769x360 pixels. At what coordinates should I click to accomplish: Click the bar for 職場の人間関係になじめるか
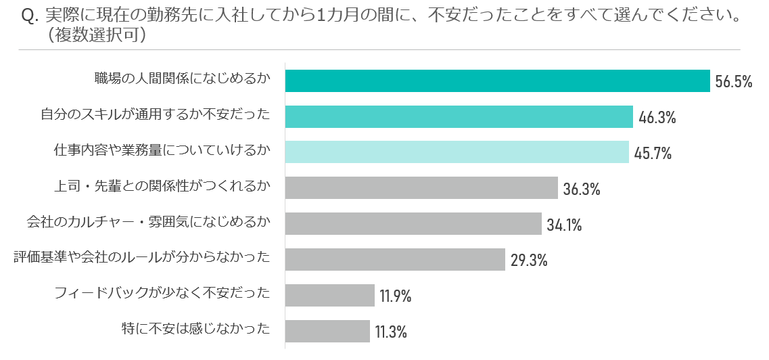[x=497, y=81]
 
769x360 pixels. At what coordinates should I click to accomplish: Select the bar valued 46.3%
[x=459, y=116]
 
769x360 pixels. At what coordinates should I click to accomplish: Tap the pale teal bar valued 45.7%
[x=457, y=152]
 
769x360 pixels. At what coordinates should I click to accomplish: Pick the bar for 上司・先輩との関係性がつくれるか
[x=421, y=188]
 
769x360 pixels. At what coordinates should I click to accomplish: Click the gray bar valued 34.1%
[x=413, y=224]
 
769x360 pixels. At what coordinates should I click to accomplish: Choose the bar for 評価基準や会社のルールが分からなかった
[x=395, y=260]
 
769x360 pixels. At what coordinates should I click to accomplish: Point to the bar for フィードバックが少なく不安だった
[x=330, y=296]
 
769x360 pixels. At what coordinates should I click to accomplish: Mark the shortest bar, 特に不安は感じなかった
[x=328, y=332]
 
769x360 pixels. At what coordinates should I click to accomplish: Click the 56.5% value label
[x=734, y=82]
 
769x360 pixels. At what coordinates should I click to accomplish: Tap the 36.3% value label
[x=582, y=189]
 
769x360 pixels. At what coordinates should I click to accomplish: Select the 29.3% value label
[x=529, y=261]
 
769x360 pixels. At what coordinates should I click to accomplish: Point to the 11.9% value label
[x=396, y=296]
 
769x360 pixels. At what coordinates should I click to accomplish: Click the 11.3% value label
[x=391, y=332]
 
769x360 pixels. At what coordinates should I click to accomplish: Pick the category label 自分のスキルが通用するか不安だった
[x=155, y=115]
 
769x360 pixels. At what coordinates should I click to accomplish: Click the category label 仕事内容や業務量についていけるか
[x=162, y=151]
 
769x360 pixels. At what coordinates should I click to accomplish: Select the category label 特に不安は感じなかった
[x=195, y=330]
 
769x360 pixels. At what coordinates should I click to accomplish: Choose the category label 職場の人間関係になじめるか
[x=182, y=79]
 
